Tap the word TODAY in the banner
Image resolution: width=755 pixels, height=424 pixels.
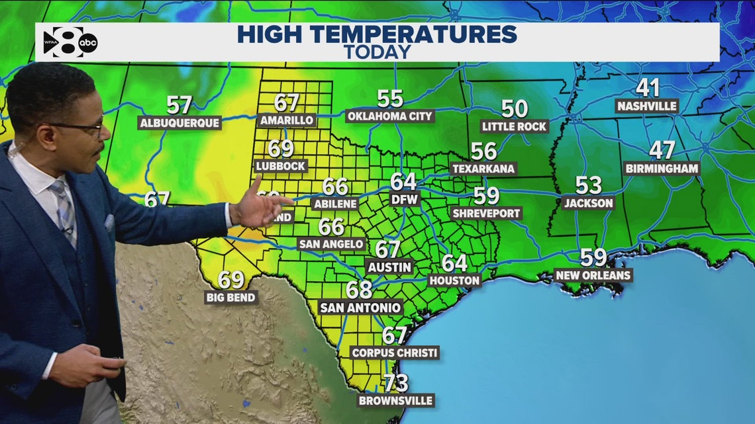377,52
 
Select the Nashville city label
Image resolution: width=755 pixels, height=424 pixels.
646,106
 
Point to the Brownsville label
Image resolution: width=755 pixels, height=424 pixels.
395,400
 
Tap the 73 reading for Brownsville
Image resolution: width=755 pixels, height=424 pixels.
395,383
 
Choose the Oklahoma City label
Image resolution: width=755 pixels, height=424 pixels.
390,116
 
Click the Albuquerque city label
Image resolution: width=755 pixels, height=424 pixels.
179,123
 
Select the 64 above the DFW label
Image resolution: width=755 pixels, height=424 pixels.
403,181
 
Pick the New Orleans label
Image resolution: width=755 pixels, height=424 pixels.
593,275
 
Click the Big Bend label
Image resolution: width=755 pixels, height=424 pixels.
230,298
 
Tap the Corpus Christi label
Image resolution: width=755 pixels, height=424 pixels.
395,353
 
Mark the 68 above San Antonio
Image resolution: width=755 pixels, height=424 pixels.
360,290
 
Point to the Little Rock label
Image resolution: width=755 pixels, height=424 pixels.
515,126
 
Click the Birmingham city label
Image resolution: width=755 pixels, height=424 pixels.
662,168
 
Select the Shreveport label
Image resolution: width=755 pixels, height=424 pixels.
486,213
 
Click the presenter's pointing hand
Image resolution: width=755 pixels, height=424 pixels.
262,206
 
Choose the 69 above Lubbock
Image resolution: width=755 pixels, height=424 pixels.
281,149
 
